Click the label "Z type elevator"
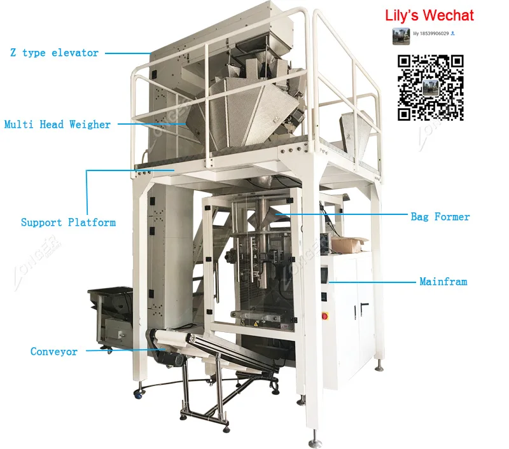point(54,53)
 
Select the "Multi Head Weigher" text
point(57,125)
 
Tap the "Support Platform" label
point(68,223)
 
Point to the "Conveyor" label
point(54,352)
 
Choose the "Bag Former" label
point(440,217)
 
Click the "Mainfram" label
point(443,280)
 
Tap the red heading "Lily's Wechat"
point(429,15)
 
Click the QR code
point(431,88)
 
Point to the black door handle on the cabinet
point(363,308)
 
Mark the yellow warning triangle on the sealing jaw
point(258,324)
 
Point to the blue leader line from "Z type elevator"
point(127,53)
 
